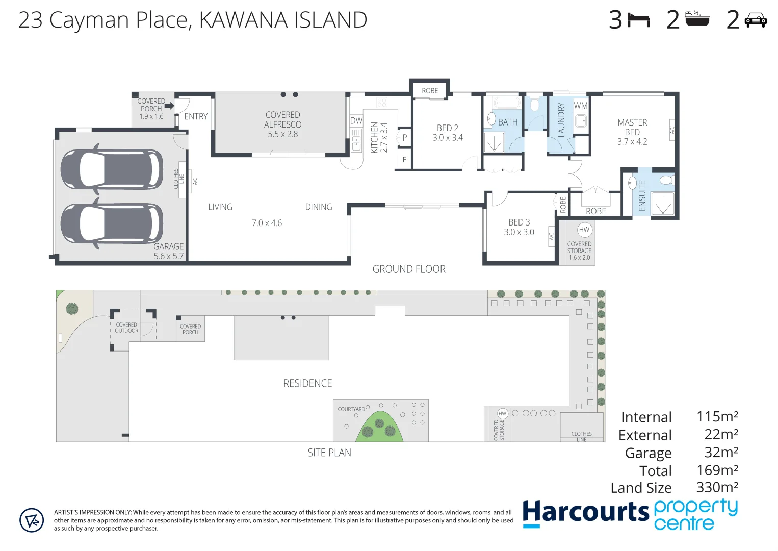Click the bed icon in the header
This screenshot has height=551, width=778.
pyautogui.click(x=638, y=20)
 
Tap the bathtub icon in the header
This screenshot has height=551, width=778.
pyautogui.click(x=697, y=19)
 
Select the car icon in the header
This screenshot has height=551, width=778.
pyautogui.click(x=756, y=21)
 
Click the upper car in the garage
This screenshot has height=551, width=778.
pyautogui.click(x=112, y=169)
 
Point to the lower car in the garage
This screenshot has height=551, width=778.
pyautogui.click(x=112, y=223)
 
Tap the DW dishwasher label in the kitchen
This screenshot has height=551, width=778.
pyautogui.click(x=356, y=121)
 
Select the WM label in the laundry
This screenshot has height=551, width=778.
pyautogui.click(x=581, y=106)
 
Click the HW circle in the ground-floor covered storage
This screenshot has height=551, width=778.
pyautogui.click(x=584, y=230)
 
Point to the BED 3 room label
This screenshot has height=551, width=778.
pyautogui.click(x=519, y=222)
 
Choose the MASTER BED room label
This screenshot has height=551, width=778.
pyautogui.click(x=632, y=127)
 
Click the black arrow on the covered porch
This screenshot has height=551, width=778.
pyautogui.click(x=169, y=106)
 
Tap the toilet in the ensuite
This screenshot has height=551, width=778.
pyautogui.click(x=666, y=180)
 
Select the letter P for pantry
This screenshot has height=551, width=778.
pyautogui.click(x=405, y=137)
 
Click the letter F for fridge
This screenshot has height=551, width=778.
pyautogui.click(x=404, y=160)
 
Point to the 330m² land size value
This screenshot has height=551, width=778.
pyautogui.click(x=717, y=487)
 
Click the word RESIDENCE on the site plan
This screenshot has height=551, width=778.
pyautogui.click(x=307, y=383)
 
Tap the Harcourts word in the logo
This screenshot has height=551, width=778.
pyautogui.click(x=585, y=512)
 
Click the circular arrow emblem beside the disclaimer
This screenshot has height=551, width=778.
pyautogui.click(x=32, y=520)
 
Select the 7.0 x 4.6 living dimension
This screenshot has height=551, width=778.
pyautogui.click(x=267, y=223)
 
